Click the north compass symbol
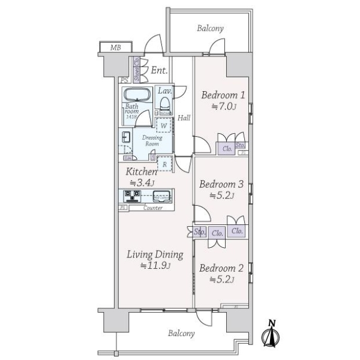click(271, 335)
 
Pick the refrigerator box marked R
click(164, 163)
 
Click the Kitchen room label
click(142, 172)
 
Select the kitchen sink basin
click(161, 195)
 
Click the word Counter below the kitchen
click(154, 208)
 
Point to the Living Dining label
click(154, 255)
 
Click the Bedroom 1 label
click(223, 95)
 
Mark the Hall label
click(184, 118)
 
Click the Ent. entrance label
click(158, 71)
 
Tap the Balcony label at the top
click(209, 28)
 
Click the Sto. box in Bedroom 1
click(240, 145)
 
